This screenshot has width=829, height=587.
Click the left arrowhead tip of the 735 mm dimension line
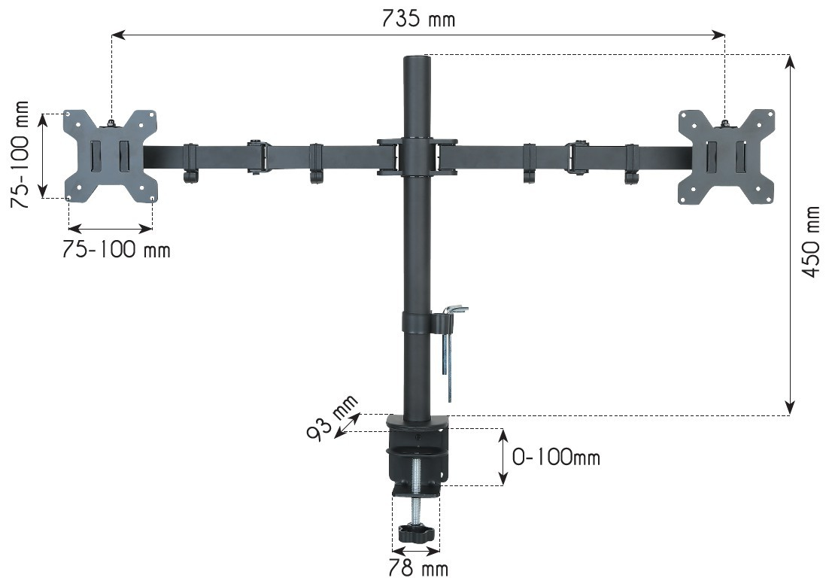coord(112,35)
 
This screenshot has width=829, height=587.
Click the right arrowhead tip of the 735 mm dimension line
coord(725,35)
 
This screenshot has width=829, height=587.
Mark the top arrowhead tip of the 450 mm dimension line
coord(790,55)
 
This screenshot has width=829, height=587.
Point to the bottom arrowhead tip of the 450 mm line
coord(790,414)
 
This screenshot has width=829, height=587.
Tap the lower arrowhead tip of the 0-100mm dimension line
coord(503,485)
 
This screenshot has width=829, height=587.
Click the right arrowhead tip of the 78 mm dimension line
coord(440,551)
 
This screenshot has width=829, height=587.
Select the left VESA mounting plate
coord(111,156)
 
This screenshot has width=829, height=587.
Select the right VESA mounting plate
coord(727,157)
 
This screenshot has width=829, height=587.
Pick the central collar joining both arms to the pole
coord(418,157)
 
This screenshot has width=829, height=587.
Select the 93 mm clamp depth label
coord(332,417)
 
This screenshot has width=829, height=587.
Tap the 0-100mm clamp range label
coord(556,456)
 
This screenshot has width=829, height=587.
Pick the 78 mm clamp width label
coord(418,568)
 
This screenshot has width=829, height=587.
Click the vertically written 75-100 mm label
coord(20,154)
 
